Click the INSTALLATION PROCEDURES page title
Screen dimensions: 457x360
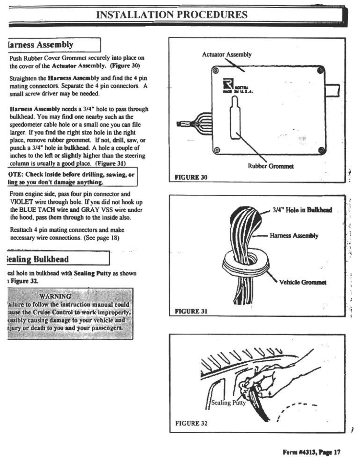(172, 15)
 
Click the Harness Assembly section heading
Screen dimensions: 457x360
(41, 45)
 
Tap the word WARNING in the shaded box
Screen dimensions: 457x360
(55, 296)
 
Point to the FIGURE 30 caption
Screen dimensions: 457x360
(191, 177)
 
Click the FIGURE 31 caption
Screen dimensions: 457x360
(191, 311)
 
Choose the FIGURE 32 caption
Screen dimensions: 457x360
(191, 423)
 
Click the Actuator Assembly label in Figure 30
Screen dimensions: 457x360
(226, 54)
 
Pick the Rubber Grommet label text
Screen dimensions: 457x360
(271, 166)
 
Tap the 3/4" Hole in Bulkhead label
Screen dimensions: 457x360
(302, 210)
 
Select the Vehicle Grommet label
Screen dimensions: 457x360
(303, 282)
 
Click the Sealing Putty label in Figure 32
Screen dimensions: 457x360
(228, 403)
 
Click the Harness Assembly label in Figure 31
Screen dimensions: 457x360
(294, 236)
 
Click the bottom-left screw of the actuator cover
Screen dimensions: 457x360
(217, 150)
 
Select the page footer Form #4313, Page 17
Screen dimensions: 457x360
(311, 451)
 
